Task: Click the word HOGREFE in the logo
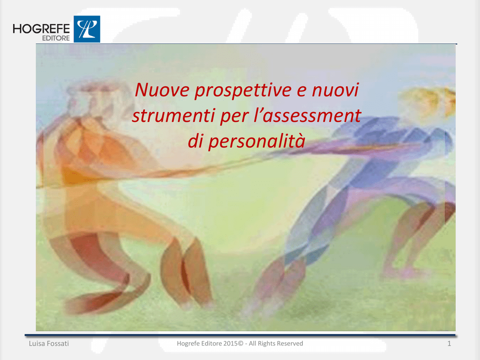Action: pos(41,29)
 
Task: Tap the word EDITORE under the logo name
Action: pos(56,38)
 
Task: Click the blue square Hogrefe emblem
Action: pos(87,29)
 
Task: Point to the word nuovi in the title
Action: pos(335,90)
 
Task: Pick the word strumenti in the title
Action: pos(173,116)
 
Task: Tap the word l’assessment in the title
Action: pos(307,115)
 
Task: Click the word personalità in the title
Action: pos(256,142)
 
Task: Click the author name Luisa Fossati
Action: pos(49,344)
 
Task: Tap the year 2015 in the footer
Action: pos(230,344)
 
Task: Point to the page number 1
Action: pos(449,344)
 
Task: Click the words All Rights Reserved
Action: pos(276,344)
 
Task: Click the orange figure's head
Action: pos(92,97)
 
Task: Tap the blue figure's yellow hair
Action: pos(428,101)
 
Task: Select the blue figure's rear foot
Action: pos(404,272)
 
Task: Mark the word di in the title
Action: pos(195,141)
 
